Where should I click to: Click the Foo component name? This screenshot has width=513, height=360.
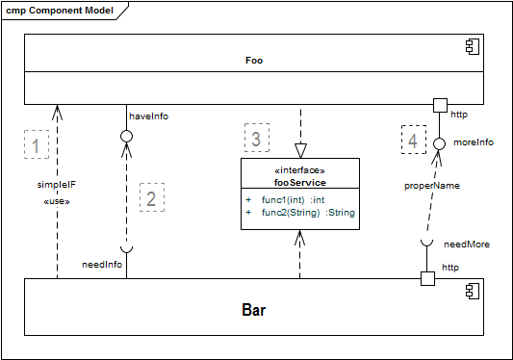tap(254, 60)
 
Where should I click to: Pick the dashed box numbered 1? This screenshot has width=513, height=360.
tap(37, 146)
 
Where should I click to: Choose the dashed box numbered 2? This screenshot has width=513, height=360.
tap(152, 197)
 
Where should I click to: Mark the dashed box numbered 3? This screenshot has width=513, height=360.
tap(255, 139)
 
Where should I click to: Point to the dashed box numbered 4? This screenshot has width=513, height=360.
tap(413, 141)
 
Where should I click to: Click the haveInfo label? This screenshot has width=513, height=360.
tap(148, 116)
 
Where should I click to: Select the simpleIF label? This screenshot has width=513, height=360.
tap(56, 186)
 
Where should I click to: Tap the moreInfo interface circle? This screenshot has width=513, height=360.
tap(439, 143)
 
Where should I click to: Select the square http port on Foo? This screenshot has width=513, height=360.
tap(440, 104)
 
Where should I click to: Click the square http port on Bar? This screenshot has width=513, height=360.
tap(427, 278)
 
